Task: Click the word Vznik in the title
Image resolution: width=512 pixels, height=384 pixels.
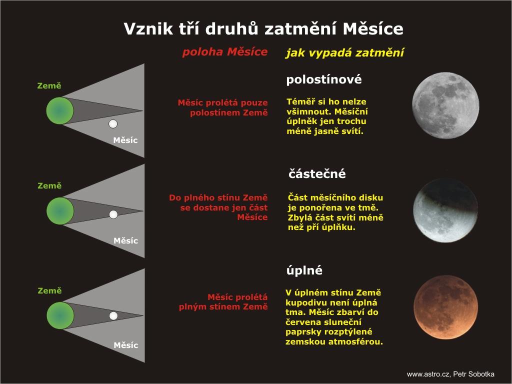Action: click(x=148, y=28)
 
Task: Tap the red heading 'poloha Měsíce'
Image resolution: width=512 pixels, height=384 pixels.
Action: click(x=225, y=52)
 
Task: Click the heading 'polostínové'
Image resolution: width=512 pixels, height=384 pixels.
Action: click(x=324, y=79)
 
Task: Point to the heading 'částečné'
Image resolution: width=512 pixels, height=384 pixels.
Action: click(x=317, y=173)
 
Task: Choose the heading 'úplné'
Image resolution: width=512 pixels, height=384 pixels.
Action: click(x=304, y=270)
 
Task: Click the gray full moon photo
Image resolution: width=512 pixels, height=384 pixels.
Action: click(x=445, y=105)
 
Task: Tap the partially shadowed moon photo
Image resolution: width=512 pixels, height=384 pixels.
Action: click(x=445, y=210)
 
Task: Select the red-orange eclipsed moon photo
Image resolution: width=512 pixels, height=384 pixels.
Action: click(x=445, y=307)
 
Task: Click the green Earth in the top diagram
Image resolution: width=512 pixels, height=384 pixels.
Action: click(x=60, y=110)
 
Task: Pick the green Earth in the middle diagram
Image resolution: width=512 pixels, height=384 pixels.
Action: click(x=60, y=211)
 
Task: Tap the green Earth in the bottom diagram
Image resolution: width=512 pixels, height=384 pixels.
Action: click(x=60, y=315)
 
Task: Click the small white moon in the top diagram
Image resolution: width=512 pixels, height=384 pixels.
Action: click(x=113, y=124)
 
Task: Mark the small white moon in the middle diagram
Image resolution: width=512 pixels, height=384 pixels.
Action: click(x=113, y=214)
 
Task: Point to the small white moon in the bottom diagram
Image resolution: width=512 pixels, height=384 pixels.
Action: click(x=113, y=316)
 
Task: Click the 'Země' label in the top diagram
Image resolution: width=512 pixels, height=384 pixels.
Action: click(x=49, y=85)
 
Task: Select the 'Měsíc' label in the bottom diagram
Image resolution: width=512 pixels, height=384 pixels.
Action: click(x=125, y=345)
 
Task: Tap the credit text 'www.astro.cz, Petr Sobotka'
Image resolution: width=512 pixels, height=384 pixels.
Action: click(x=450, y=374)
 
